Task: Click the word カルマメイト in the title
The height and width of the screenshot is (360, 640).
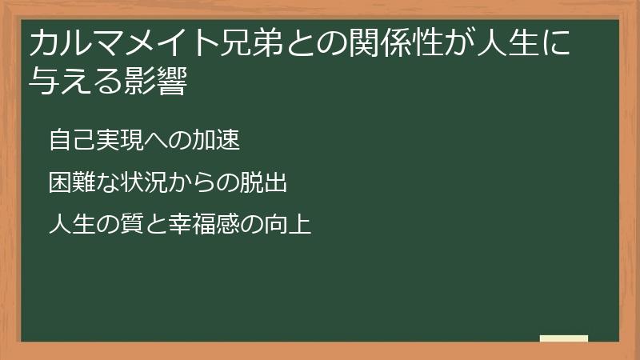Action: [x=110, y=44]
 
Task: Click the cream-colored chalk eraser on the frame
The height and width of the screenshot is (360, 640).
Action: [x=563, y=338]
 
